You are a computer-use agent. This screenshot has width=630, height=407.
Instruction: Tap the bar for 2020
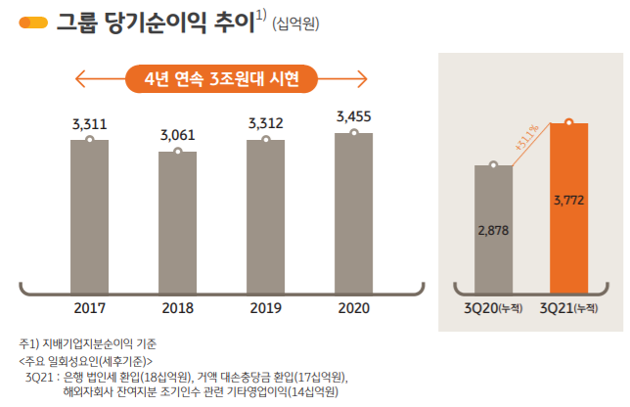click(x=353, y=204)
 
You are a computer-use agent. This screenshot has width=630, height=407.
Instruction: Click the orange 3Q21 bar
click(x=568, y=201)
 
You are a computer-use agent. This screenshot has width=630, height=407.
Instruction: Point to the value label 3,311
click(x=89, y=124)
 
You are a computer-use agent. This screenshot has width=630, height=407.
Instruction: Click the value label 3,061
click(x=177, y=134)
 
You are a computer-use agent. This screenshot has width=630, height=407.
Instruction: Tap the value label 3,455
click(x=353, y=116)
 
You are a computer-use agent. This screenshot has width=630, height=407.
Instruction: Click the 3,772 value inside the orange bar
click(x=568, y=201)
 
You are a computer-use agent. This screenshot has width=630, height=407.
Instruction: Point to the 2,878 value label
click(x=493, y=230)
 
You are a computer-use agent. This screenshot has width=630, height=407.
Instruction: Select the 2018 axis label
click(x=177, y=308)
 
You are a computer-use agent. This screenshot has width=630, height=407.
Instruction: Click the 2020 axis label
click(x=353, y=308)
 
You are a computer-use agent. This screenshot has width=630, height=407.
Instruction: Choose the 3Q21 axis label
click(x=568, y=309)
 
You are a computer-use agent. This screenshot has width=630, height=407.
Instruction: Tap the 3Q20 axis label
click(x=493, y=309)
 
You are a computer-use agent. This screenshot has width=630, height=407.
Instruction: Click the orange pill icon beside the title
click(x=36, y=22)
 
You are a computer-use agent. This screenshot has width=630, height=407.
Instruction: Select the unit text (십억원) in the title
click(x=296, y=23)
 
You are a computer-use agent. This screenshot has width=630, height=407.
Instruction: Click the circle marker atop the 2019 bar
click(x=265, y=140)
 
